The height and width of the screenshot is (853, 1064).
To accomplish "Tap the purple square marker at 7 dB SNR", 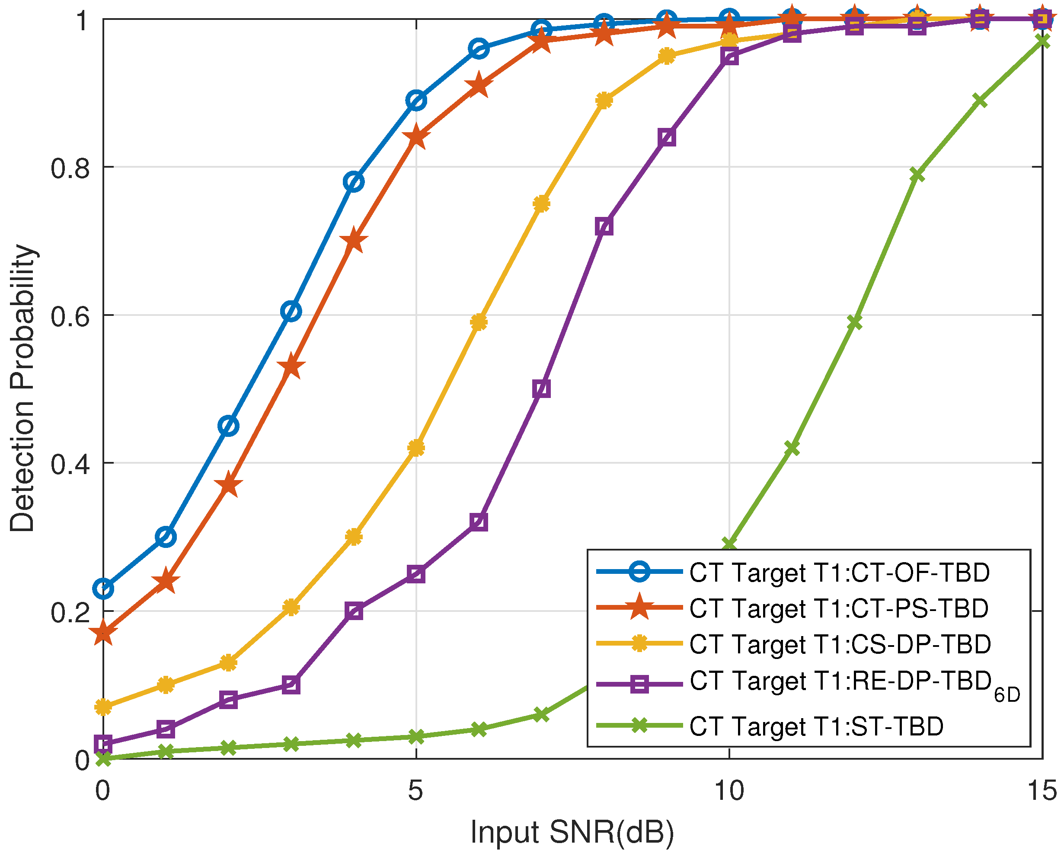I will [541, 389].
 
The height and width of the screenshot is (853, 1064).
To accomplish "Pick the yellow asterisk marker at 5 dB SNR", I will [416, 448].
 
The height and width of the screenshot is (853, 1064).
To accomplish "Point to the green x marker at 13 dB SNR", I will [917, 175].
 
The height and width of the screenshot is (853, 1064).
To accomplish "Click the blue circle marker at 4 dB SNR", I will [354, 182].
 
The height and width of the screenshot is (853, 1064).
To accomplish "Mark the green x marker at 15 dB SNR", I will [1042, 41].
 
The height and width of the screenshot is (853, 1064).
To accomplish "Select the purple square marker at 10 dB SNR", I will [729, 57].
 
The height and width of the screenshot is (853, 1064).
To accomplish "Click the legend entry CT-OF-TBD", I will [839, 572].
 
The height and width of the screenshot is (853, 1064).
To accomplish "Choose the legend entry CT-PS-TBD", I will [839, 608].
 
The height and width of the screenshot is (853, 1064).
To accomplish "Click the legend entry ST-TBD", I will [817, 726].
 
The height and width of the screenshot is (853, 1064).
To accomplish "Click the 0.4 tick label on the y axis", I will [70, 464].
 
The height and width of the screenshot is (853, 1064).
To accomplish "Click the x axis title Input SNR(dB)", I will [572, 832].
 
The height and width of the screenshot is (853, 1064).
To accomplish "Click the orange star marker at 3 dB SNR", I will [291, 366].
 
